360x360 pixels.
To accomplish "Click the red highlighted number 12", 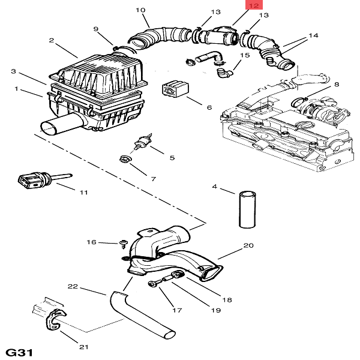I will (x=254, y=5).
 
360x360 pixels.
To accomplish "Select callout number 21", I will (x=84, y=347).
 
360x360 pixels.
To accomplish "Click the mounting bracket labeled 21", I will (x=50, y=318).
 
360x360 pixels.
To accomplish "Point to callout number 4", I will (x=214, y=187).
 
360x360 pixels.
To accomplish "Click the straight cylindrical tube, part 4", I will (x=247, y=208).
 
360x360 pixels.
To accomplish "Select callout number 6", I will (x=209, y=108).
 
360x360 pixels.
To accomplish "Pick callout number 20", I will (x=248, y=246).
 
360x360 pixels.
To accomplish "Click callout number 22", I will (x=73, y=287).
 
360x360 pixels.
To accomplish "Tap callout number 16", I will (x=91, y=242).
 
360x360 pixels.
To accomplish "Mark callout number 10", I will (x=140, y=10).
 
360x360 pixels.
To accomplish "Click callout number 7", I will (x=153, y=179).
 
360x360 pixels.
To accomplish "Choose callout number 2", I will (x=52, y=40).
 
